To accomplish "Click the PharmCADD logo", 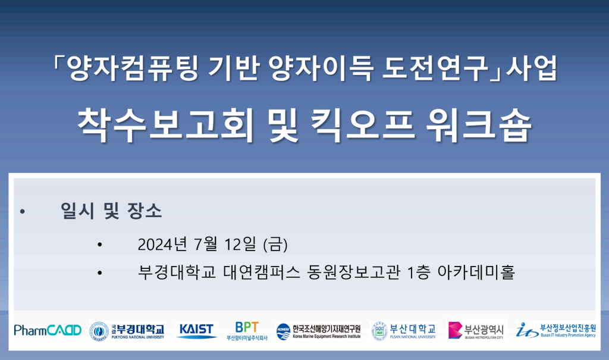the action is click(x=48, y=330).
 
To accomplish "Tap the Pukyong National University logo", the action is click(x=127, y=331).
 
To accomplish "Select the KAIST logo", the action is click(x=196, y=331).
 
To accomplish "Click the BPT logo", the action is click(x=247, y=331).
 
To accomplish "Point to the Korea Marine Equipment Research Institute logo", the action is click(x=319, y=331).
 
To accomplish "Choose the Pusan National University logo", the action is click(x=404, y=331).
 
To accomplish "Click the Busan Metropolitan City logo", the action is click(x=476, y=331).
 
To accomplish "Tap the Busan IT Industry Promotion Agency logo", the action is click(x=556, y=330).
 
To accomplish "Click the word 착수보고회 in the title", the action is click(x=165, y=124).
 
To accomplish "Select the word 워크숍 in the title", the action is click(x=479, y=125).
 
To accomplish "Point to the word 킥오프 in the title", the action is click(x=363, y=125).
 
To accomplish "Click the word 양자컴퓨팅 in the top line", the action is click(x=133, y=68).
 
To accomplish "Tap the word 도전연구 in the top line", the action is click(x=435, y=68).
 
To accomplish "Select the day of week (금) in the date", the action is click(x=275, y=245).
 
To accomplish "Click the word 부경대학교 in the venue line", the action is click(x=177, y=272).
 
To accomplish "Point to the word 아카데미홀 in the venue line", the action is click(x=476, y=272).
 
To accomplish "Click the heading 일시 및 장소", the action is click(x=111, y=211).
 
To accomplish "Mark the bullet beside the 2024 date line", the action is click(x=100, y=245).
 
